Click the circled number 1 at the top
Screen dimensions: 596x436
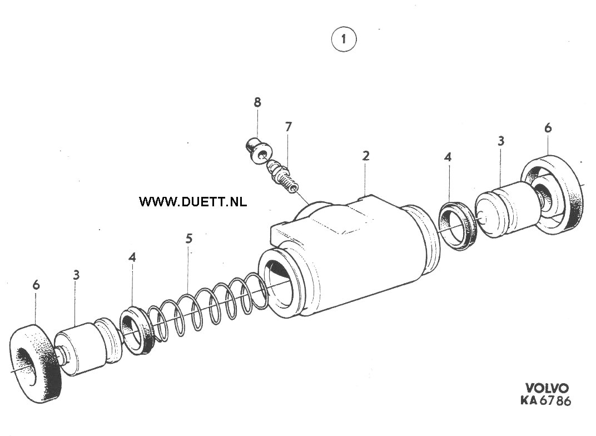click(344, 39)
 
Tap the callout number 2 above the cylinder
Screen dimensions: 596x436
click(366, 156)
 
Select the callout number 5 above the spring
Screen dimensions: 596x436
click(189, 239)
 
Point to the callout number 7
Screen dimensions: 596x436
click(289, 127)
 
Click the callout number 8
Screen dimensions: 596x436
click(258, 102)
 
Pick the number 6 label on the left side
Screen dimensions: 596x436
click(36, 285)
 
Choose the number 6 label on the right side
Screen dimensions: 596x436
click(548, 128)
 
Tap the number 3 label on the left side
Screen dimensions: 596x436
click(76, 275)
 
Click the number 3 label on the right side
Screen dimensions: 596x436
click(501, 141)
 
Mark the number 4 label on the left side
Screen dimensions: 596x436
click(132, 257)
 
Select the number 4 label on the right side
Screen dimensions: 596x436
click(448, 157)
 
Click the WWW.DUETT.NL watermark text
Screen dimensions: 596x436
click(193, 201)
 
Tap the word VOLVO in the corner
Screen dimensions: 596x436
click(547, 388)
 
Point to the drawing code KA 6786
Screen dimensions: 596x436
click(545, 400)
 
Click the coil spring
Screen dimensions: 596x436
click(208, 306)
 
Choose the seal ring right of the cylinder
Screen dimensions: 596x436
click(459, 225)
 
